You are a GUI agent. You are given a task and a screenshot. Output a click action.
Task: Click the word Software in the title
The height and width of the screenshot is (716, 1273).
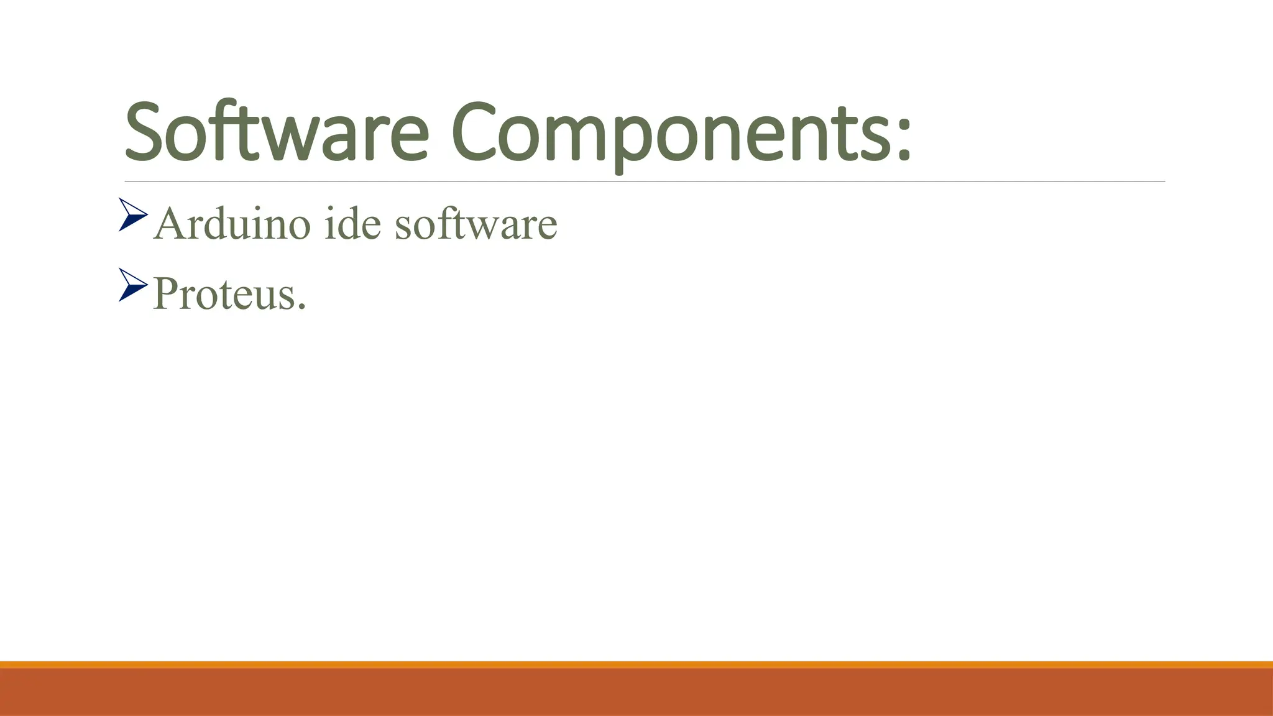click(x=277, y=132)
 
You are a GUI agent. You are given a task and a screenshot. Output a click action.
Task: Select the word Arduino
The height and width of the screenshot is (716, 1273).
click(x=231, y=224)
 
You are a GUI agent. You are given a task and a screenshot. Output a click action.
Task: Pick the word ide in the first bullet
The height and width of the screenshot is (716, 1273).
click(x=352, y=224)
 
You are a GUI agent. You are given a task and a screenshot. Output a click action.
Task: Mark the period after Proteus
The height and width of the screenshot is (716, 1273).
click(x=302, y=307)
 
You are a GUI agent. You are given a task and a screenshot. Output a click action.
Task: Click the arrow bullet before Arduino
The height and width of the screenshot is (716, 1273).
click(x=132, y=214)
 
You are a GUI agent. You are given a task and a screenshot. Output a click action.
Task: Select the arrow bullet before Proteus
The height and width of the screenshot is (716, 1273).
click(x=132, y=285)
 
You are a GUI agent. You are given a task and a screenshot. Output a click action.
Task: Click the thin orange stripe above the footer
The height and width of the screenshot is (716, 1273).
click(x=636, y=664)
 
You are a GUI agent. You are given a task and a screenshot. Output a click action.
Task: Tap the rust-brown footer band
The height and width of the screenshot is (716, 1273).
click(x=636, y=692)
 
